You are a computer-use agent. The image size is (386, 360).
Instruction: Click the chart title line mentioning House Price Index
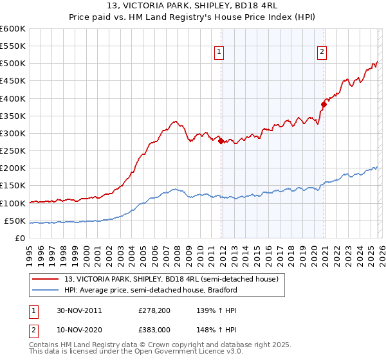(193, 17)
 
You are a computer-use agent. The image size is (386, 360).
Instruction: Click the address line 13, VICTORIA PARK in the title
(193, 6)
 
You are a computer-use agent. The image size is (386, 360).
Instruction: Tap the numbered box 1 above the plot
(219, 53)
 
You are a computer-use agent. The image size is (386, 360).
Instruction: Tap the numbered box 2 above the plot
(321, 53)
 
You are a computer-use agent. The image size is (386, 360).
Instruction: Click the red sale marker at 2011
(221, 141)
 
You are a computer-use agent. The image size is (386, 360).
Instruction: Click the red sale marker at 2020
(324, 104)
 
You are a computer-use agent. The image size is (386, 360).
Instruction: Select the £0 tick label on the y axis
(19, 238)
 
